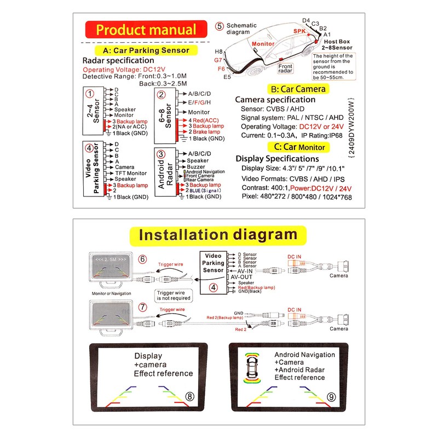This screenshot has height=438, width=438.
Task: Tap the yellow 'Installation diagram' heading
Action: pyautogui.click(x=218, y=235)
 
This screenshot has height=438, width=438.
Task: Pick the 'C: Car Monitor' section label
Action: pyautogui.click(x=299, y=147)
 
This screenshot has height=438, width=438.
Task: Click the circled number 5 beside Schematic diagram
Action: pyautogui.click(x=220, y=26)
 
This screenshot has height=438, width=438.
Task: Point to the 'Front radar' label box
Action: pyautogui.click(x=285, y=68)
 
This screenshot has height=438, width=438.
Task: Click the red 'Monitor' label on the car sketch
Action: pyautogui.click(x=263, y=43)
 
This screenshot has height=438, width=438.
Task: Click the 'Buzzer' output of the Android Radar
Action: pyautogui.click(x=195, y=166)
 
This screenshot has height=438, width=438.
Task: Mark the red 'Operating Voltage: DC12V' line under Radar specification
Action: pyautogui.click(x=120, y=70)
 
